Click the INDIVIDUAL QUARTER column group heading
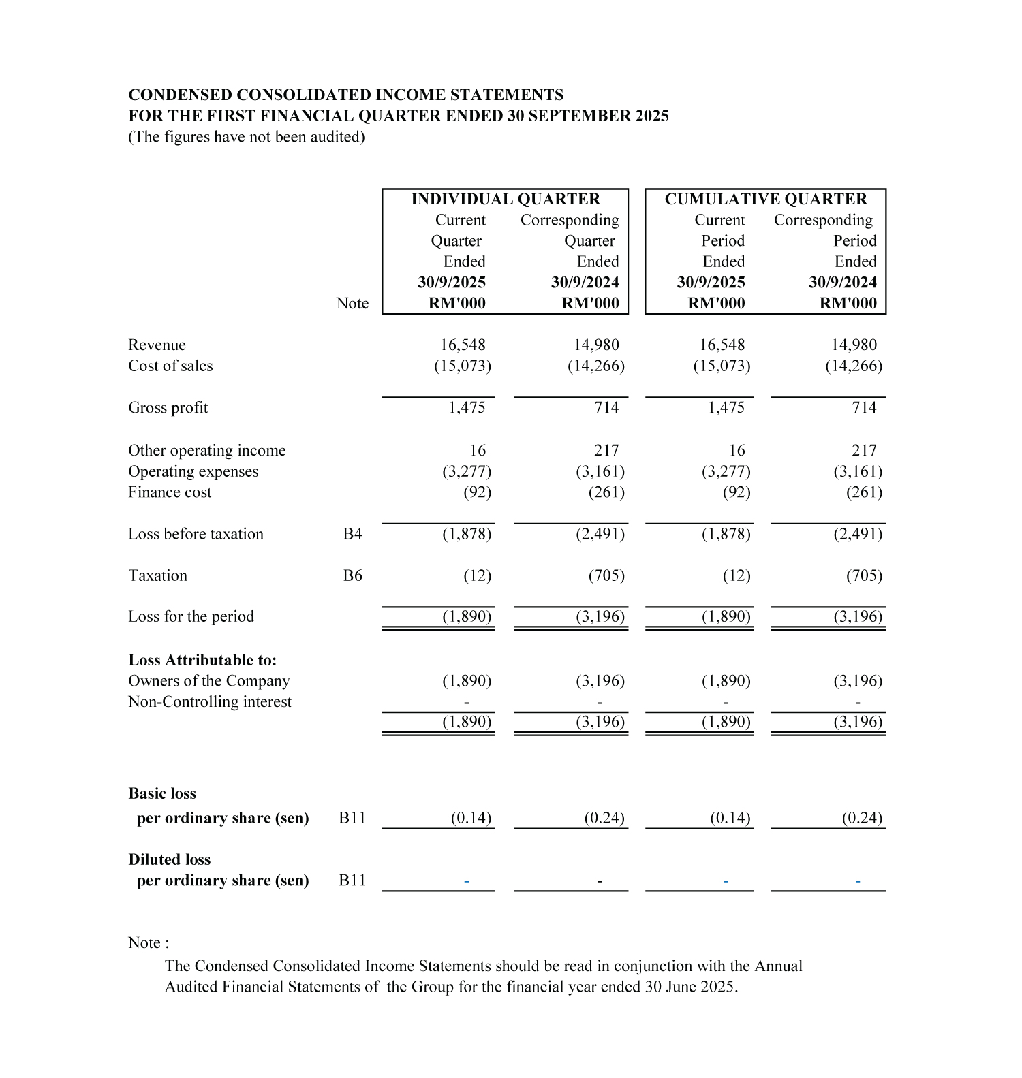click(x=506, y=199)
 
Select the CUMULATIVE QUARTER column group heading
click(x=766, y=199)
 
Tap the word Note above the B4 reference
click(x=352, y=304)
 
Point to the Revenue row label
click(x=157, y=345)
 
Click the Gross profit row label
click(x=168, y=408)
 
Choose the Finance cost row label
click(x=170, y=492)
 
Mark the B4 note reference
click(x=352, y=534)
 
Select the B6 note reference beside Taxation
click(x=352, y=576)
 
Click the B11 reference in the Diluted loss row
click(x=352, y=881)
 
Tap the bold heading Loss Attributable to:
click(x=202, y=660)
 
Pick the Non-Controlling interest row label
click(x=210, y=702)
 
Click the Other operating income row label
click(x=207, y=451)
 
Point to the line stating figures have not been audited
click(x=247, y=137)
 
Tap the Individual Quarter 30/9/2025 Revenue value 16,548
click(x=463, y=345)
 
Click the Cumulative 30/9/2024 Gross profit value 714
click(x=864, y=408)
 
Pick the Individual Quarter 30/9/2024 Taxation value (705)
click(x=606, y=576)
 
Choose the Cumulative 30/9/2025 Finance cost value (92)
click(x=736, y=492)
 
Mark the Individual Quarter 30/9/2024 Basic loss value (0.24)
click(x=604, y=818)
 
